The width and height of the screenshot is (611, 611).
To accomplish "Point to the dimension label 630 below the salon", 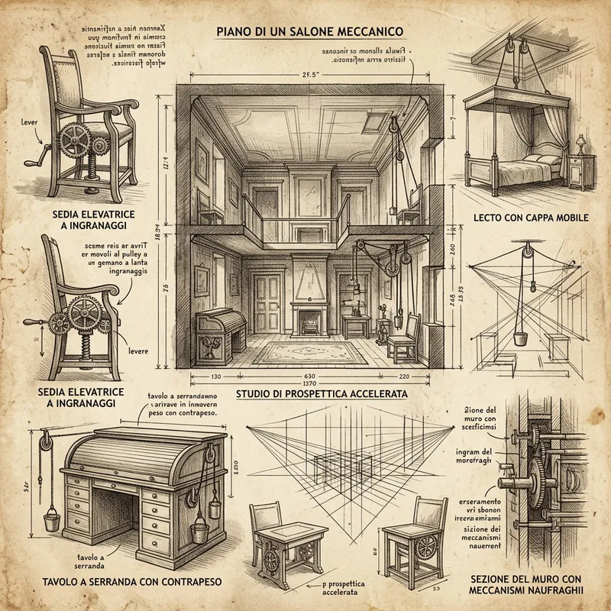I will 310,377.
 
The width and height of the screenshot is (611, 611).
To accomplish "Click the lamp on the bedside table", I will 580,143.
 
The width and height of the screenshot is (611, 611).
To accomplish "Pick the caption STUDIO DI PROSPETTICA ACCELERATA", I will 321,394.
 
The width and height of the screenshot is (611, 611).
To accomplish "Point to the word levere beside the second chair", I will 138,352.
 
